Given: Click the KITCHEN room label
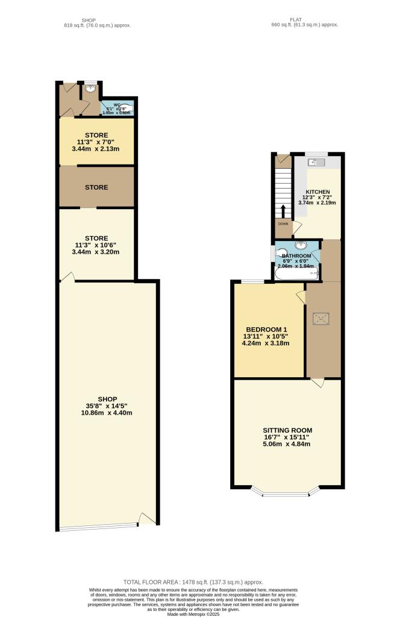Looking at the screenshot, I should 317,192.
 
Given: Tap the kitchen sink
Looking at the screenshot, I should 316,162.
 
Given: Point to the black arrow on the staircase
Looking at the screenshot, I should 283,211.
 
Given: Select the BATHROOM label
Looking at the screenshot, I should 296,256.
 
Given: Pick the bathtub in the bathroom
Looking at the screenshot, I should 296,275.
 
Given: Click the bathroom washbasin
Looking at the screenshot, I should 301,245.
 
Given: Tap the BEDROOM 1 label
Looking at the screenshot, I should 266,329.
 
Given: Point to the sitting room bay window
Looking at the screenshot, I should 287,493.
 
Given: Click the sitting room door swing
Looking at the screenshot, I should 317,383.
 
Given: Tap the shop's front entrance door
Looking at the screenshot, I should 147,518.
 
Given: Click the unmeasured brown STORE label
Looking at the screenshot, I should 96,187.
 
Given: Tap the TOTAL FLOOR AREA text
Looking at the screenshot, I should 193,582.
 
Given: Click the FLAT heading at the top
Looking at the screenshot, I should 295,19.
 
